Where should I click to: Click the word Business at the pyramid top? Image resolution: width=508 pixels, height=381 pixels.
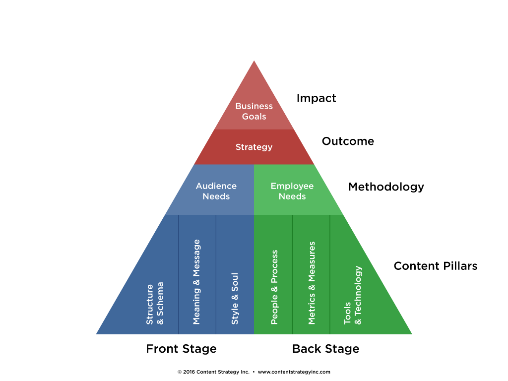[254, 106]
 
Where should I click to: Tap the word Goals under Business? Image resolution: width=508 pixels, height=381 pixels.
[254, 117]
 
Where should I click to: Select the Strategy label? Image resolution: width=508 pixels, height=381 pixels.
[254, 147]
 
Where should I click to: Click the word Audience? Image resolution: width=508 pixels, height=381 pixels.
[216, 186]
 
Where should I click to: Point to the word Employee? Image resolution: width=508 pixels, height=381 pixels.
[292, 186]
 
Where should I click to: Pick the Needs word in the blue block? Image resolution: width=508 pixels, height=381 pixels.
[216, 196]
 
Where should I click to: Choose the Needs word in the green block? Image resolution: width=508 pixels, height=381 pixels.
[292, 196]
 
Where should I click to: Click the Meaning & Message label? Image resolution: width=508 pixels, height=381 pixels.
[197, 282]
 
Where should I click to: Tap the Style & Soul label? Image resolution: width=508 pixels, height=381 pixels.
[235, 299]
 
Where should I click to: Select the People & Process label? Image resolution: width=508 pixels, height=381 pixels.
[274, 287]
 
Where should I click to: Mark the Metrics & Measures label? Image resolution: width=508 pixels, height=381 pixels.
[312, 283]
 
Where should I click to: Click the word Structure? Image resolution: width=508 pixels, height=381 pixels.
[150, 305]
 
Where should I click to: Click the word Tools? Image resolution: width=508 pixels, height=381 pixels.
[348, 313]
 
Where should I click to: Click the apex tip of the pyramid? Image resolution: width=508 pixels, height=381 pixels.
[254, 62]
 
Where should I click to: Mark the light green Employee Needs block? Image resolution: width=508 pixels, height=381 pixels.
[317, 206]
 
